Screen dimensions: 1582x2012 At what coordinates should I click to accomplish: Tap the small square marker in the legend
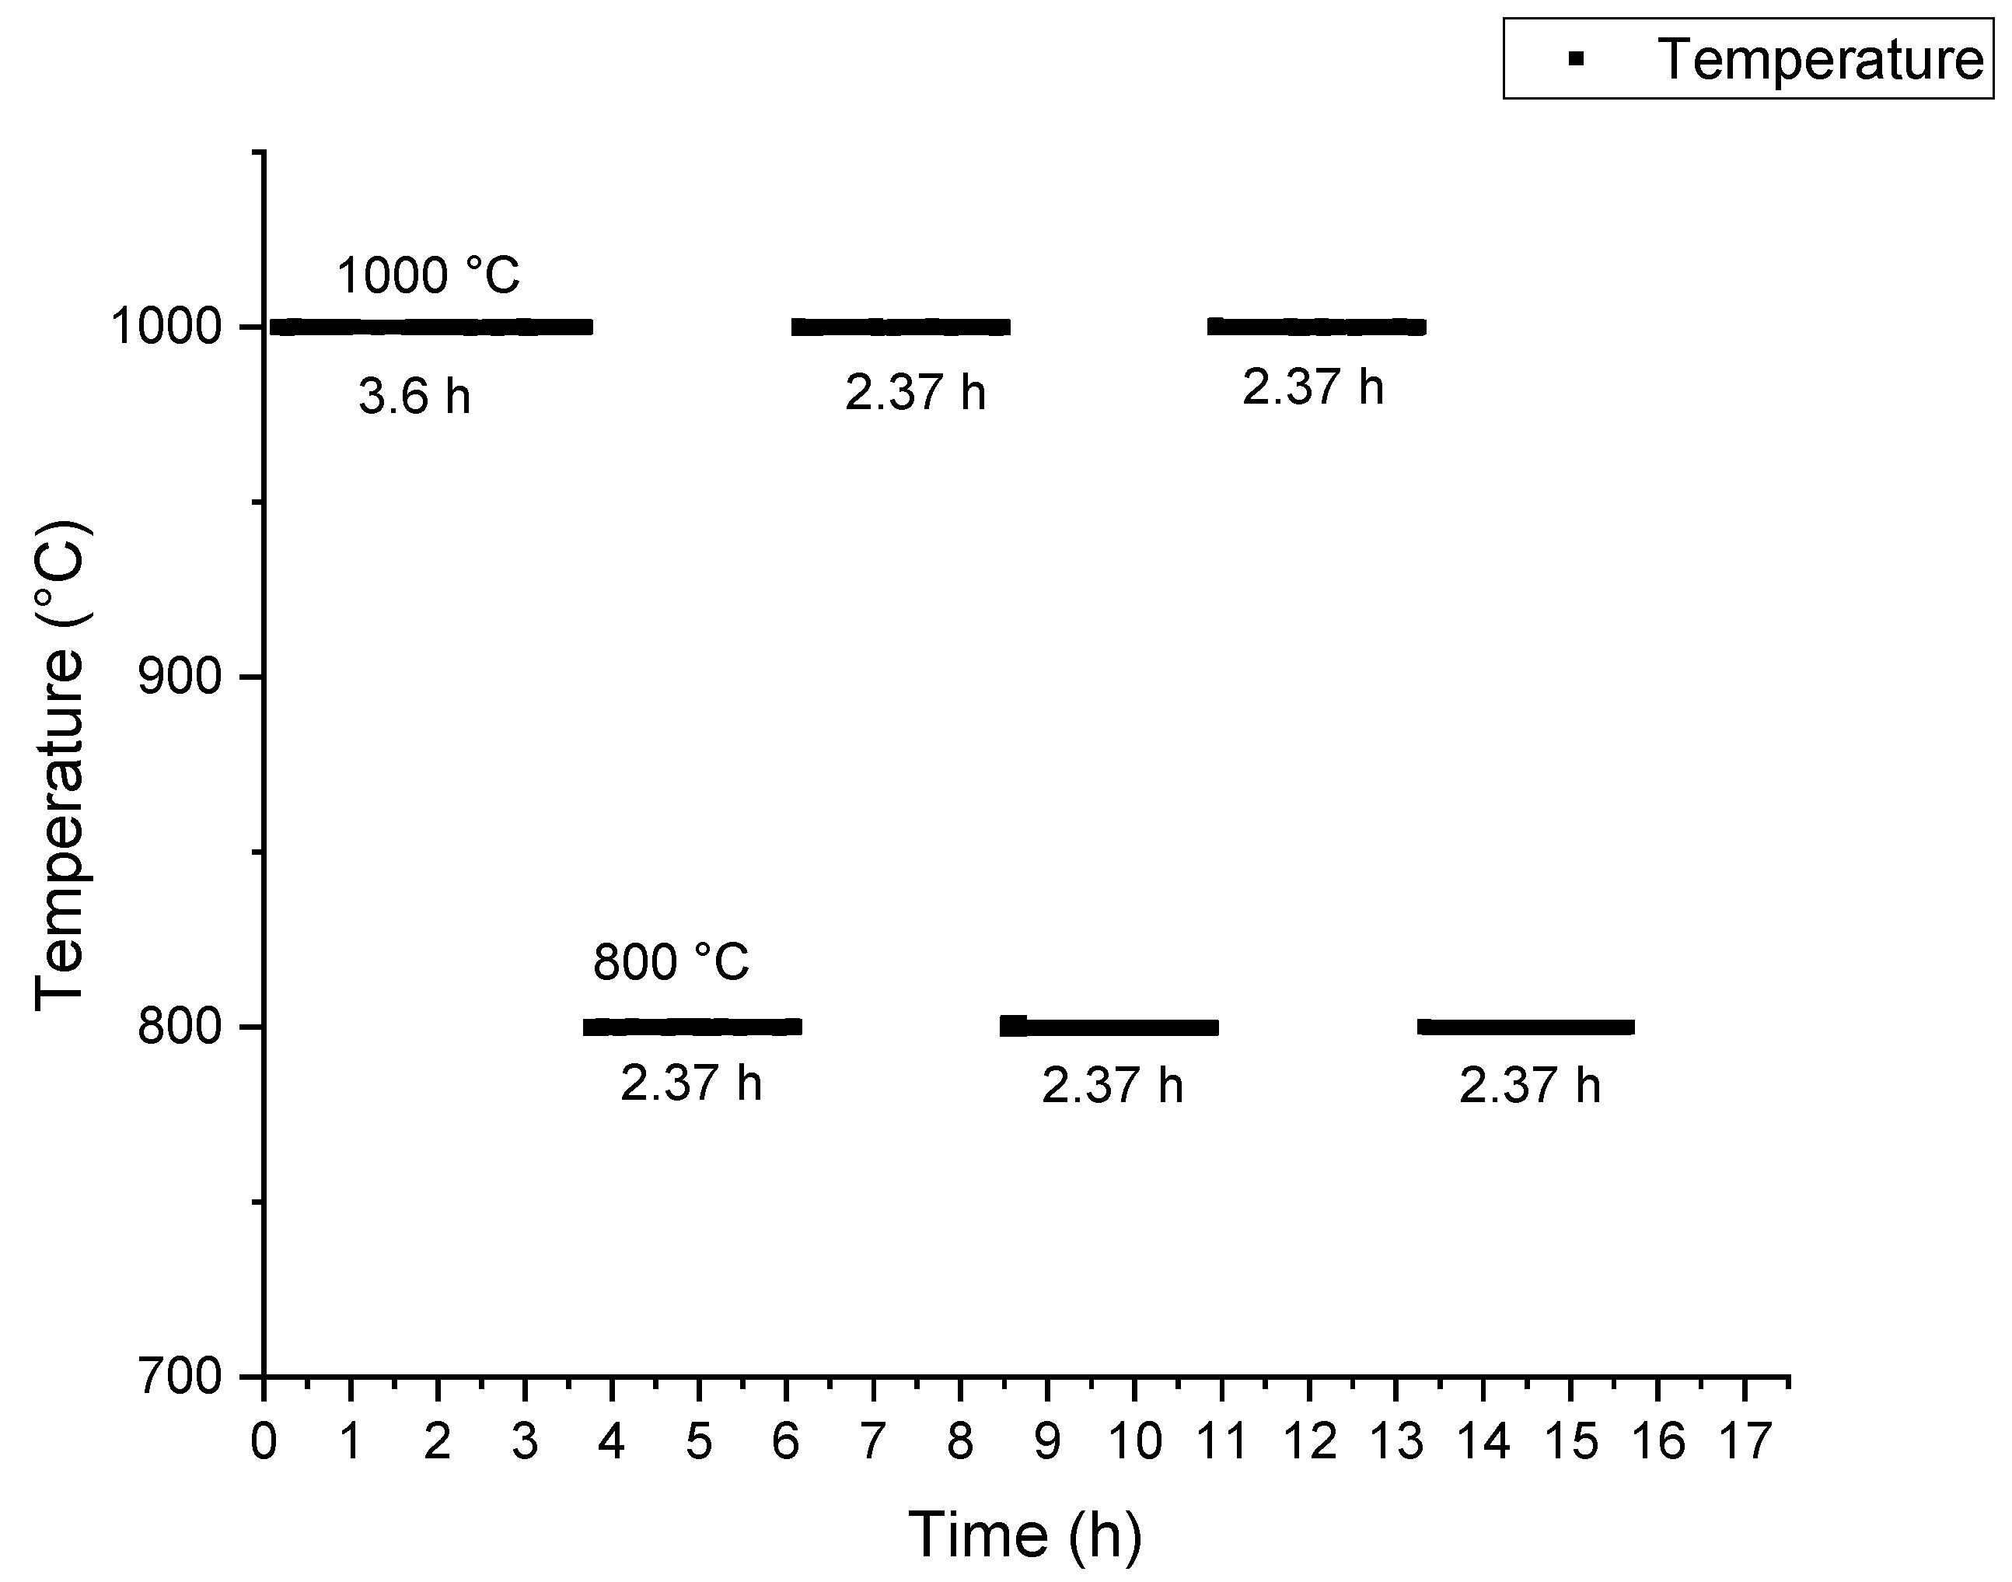coord(1576,59)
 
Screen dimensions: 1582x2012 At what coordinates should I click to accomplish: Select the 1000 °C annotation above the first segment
coord(428,275)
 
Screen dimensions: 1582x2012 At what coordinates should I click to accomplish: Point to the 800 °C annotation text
coord(671,961)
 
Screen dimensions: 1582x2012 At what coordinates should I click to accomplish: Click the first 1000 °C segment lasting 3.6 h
coord(431,327)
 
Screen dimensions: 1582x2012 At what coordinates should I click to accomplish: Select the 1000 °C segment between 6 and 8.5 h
coord(901,327)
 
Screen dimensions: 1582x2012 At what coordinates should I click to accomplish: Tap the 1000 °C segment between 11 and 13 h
coord(1317,327)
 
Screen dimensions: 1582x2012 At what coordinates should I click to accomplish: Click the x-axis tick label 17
coord(1745,1442)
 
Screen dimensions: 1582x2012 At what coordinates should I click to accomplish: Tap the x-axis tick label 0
coord(264,1442)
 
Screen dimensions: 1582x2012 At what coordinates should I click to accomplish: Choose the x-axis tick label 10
coord(1134,1442)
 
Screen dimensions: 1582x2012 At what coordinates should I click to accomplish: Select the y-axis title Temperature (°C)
coord(60,765)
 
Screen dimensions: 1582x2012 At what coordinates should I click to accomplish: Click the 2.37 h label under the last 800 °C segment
coord(1529,1086)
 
